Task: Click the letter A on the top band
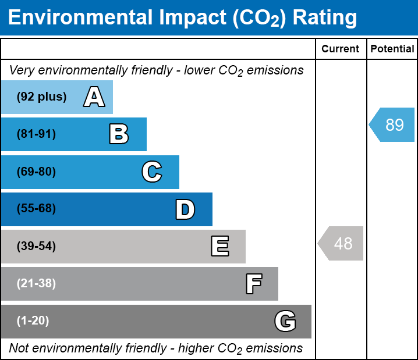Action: click(94, 97)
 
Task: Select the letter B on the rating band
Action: click(119, 134)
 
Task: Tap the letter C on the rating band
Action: click(151, 172)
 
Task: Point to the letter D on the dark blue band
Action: click(185, 209)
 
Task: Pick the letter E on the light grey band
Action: click(219, 247)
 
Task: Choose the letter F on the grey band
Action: click(253, 284)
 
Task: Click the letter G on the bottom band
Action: click(285, 321)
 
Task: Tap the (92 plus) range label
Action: click(41, 97)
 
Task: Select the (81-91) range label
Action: click(36, 134)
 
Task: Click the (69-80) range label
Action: click(36, 172)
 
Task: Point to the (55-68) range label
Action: click(36, 209)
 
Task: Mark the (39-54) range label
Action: click(36, 247)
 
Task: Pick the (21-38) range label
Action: click(36, 284)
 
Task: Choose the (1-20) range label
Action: click(33, 321)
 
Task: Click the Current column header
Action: click(341, 49)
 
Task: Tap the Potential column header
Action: click(392, 49)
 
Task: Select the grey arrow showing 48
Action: click(341, 243)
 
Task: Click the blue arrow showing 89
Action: click(392, 124)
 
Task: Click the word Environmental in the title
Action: click(77, 18)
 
